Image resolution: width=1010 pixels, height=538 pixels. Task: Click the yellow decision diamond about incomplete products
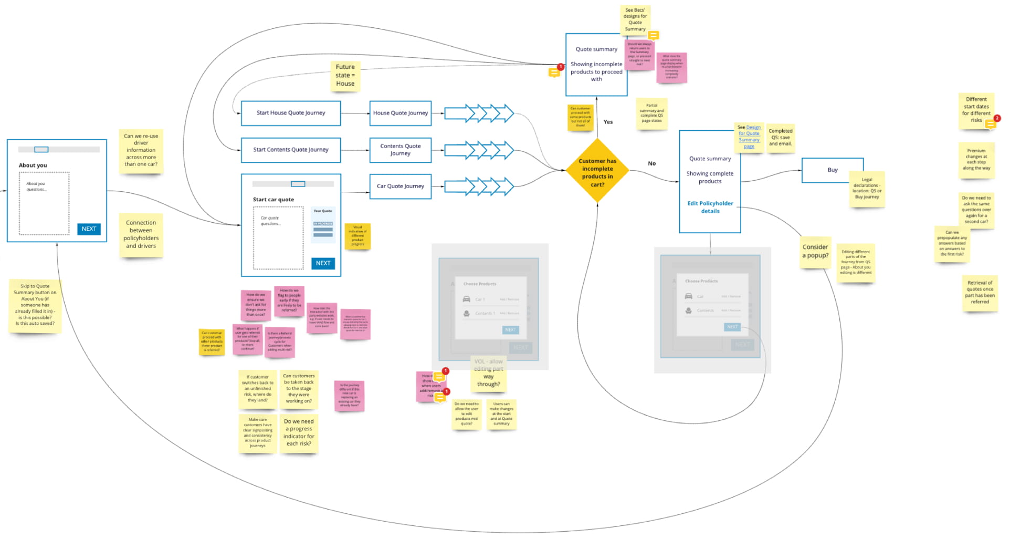[597, 171]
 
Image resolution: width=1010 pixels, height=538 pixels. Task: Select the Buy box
[832, 170]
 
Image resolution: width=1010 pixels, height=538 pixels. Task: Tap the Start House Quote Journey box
[291, 113]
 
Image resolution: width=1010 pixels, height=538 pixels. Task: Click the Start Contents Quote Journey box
[291, 150]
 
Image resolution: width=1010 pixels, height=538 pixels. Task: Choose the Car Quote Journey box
[400, 187]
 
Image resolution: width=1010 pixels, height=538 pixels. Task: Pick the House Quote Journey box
[400, 113]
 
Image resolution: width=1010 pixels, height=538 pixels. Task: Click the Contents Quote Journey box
[400, 150]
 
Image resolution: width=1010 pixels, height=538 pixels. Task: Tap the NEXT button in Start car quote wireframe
[323, 263]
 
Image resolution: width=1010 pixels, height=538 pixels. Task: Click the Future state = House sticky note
[345, 76]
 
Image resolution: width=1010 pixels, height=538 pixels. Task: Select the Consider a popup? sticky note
[815, 252]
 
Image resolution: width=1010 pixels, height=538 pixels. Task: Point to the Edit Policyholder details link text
[710, 208]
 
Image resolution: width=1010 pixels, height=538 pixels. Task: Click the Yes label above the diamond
[608, 122]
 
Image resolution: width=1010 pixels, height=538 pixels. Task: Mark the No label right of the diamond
[651, 163]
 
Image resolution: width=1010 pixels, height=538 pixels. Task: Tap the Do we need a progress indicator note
[299, 433]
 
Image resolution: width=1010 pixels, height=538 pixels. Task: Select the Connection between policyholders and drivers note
[141, 235]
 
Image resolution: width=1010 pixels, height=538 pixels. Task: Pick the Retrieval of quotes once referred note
[980, 293]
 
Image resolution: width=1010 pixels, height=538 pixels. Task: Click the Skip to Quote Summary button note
[35, 305]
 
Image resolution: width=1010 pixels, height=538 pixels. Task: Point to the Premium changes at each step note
[976, 160]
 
